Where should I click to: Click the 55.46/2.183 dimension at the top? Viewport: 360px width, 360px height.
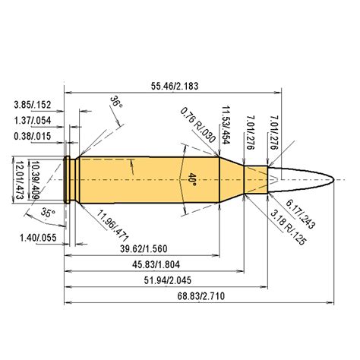(x=175, y=87)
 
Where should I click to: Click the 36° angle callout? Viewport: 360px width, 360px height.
(x=115, y=102)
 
